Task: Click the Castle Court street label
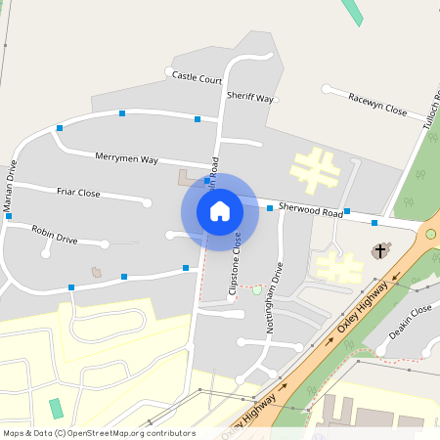pos(198,75)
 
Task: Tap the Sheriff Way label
pos(250,97)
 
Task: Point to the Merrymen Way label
pos(126,157)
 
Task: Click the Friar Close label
pos(79,194)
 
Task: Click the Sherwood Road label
pos(310,209)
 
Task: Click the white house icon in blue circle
pos(219,211)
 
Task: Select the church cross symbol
pos(379,251)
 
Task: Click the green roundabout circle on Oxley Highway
pos(431,234)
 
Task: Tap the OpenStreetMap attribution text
pos(99,433)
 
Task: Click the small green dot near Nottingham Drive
pos(257,289)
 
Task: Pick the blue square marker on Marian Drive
pos(8,216)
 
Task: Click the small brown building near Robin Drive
pos(96,271)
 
